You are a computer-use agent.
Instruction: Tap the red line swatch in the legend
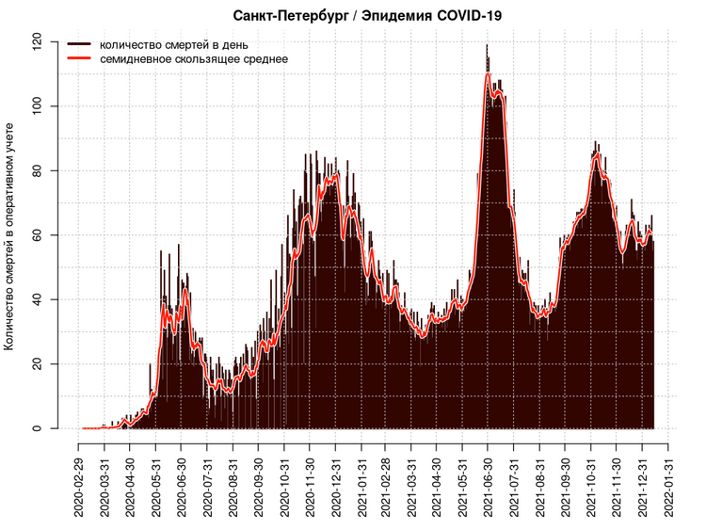coord(78,58)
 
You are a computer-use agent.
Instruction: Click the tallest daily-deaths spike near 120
coord(487,47)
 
